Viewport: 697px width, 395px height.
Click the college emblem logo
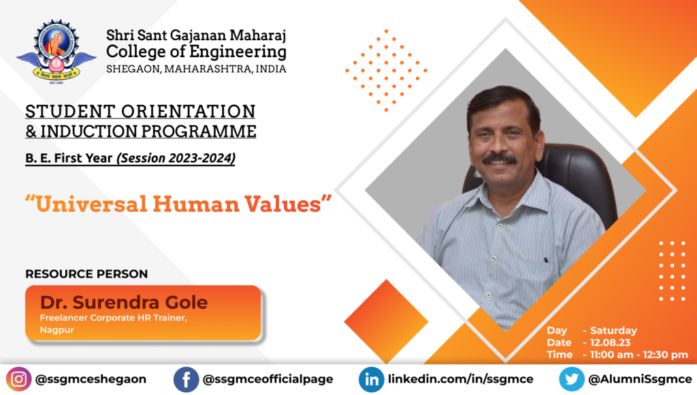pos(56,52)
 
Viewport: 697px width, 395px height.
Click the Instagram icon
pos(18,379)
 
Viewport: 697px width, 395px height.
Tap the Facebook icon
pos(187,379)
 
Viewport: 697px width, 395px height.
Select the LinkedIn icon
pos(372,379)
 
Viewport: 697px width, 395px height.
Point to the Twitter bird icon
pos(572,379)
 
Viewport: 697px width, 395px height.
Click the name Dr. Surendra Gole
pos(124,302)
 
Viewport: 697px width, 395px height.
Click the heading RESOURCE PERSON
pos(86,274)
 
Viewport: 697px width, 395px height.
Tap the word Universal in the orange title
pos(91,204)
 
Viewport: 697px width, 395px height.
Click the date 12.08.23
pos(611,343)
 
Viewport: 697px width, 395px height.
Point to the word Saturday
pos(613,330)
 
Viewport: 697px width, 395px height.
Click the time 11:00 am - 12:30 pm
pos(638,355)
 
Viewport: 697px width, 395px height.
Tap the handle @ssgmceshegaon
pos(91,379)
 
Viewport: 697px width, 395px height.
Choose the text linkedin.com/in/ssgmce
pos(461,379)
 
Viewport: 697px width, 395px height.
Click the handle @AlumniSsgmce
pos(640,379)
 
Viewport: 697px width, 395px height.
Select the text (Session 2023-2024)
pos(176,158)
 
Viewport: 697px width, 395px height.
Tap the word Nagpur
pos(57,330)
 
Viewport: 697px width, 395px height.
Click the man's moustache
pos(500,159)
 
